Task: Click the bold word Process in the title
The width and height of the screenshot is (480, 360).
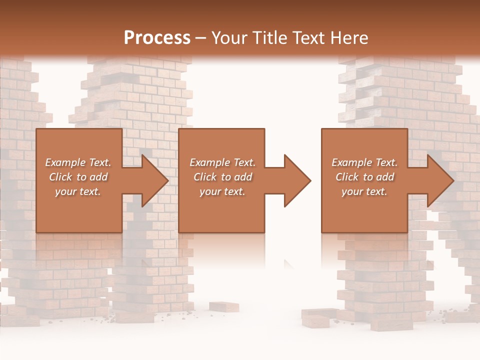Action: (157, 37)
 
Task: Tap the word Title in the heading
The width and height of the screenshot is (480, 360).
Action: (270, 37)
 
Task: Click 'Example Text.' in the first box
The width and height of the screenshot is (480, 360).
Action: (78, 162)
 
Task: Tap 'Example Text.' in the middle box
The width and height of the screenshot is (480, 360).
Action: (222, 162)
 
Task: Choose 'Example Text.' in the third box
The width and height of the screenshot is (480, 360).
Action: (364, 162)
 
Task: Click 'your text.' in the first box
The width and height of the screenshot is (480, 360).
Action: (78, 191)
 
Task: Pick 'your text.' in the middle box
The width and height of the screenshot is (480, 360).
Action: (222, 191)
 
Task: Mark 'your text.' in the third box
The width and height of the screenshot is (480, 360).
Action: (364, 191)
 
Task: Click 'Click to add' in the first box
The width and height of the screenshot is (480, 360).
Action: (78, 177)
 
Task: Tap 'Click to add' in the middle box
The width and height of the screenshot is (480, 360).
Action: (222, 177)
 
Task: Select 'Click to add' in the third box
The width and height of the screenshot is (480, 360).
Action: (364, 177)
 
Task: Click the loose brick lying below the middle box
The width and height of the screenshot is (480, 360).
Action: (223, 306)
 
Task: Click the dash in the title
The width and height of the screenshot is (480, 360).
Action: (200, 38)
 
